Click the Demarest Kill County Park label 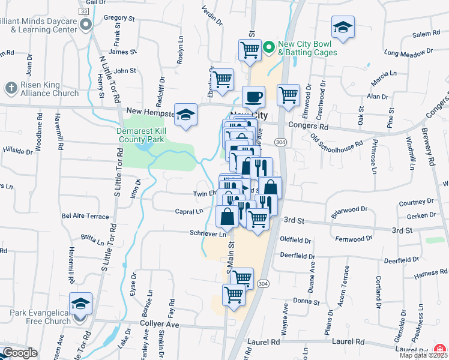(x=148, y=134)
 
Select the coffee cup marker (x=253, y=96)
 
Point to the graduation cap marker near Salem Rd (x=343, y=28)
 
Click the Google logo (x=19, y=353)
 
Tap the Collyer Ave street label (x=160, y=325)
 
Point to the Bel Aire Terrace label (x=85, y=216)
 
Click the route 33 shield (x=84, y=11)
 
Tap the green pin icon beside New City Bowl (x=270, y=46)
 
